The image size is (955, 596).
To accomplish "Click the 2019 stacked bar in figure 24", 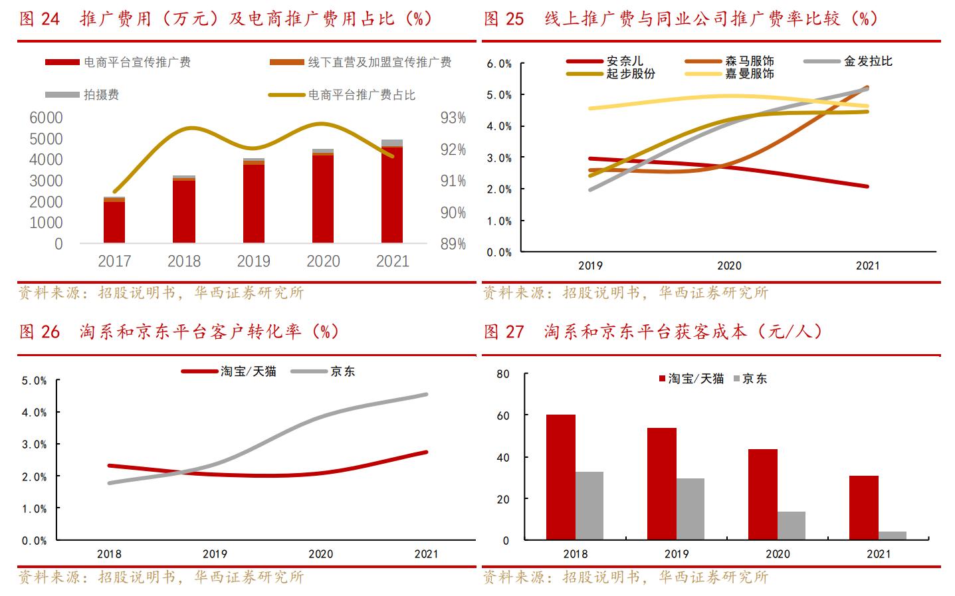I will tap(253, 201).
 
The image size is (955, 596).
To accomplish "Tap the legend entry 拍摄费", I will tap(101, 95).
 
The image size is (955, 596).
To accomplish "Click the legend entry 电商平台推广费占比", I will tap(361, 95).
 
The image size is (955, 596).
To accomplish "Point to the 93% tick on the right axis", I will tap(453, 118).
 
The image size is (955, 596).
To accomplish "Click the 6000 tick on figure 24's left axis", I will tap(47, 118).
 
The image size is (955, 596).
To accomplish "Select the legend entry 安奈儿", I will tap(625, 61).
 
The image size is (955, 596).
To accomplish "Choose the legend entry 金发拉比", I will tap(867, 61).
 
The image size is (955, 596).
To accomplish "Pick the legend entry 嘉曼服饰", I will tap(749, 74).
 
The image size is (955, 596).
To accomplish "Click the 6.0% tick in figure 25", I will tap(499, 64).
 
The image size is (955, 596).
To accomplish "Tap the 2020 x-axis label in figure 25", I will tap(728, 266).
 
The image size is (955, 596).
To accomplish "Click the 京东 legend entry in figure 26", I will tap(342, 371).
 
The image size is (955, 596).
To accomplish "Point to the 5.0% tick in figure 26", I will tap(35, 381).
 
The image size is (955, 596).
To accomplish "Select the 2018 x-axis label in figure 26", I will tap(109, 553).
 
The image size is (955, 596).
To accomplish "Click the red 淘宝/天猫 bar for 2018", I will tap(560, 477).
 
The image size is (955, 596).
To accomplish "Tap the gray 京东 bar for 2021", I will tap(892, 536).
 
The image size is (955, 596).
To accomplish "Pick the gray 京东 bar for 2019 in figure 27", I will tap(690, 509).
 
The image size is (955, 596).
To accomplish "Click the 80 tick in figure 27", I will tap(502, 374).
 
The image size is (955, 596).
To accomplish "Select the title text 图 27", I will tap(504, 332).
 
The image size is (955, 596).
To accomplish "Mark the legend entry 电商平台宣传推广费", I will tap(137, 62).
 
